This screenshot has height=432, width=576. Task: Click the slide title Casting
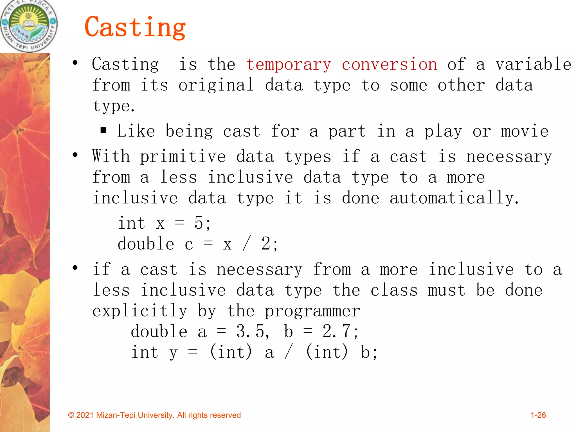click(x=135, y=27)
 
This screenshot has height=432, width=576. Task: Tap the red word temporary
click(x=289, y=65)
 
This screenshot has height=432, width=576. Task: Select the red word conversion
click(x=389, y=64)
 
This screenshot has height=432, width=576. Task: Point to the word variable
click(x=533, y=64)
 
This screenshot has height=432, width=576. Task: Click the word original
click(x=216, y=85)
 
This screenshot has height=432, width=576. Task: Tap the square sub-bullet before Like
click(x=103, y=130)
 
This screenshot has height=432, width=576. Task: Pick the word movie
click(x=525, y=131)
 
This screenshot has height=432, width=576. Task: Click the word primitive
click(x=183, y=156)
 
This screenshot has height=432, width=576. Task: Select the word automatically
click(x=454, y=198)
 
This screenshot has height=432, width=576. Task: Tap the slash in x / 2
click(x=246, y=244)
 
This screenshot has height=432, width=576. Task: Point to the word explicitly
click(x=140, y=311)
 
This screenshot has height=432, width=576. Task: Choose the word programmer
click(x=312, y=311)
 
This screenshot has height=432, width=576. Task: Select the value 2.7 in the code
click(x=337, y=331)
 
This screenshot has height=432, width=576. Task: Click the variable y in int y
click(x=173, y=353)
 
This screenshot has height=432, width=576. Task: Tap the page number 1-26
click(x=538, y=415)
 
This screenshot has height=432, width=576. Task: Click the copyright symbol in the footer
click(x=71, y=415)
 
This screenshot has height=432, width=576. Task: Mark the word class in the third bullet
click(x=394, y=290)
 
